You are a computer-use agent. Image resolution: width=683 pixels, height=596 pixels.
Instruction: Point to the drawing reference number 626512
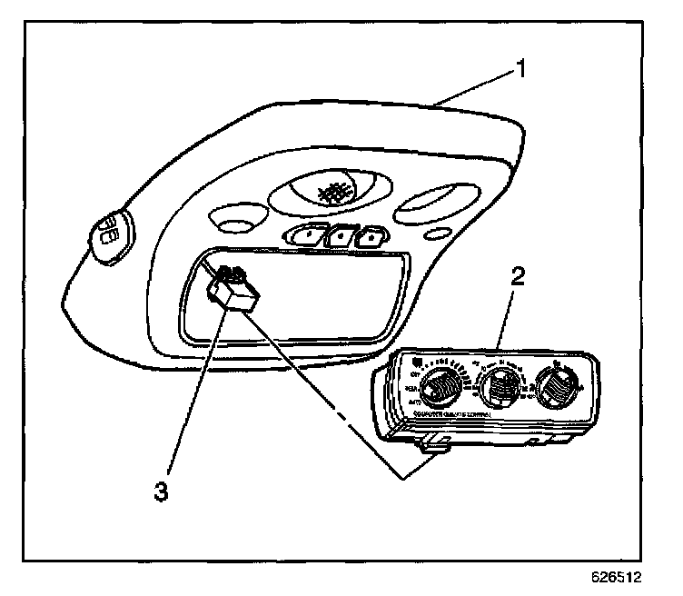[x=621, y=576]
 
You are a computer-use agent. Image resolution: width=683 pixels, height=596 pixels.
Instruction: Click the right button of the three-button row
[x=370, y=238]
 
